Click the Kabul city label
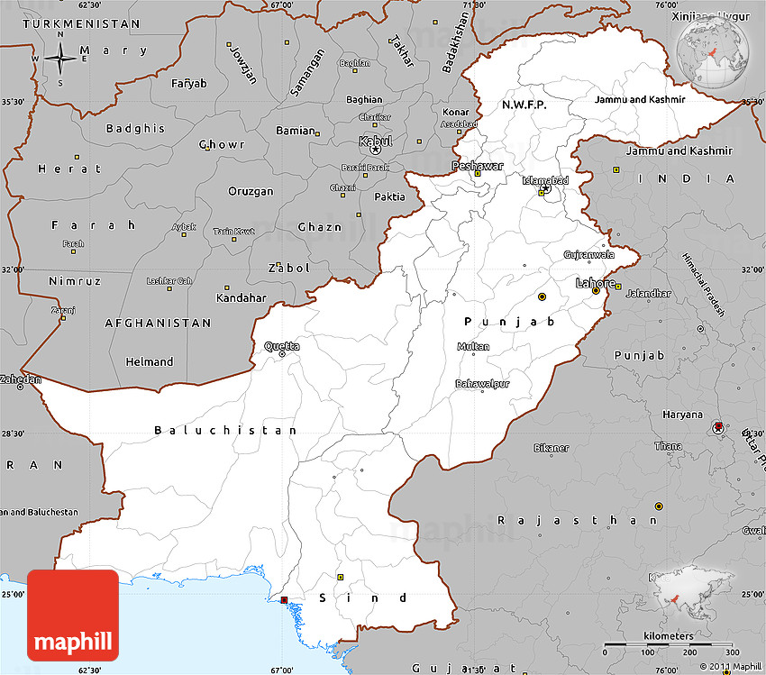coord(376,141)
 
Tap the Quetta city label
coord(282,346)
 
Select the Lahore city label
coord(596,283)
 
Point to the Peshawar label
coord(471,167)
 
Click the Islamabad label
coord(546,180)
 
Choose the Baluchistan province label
coord(225,431)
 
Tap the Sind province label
coord(364,597)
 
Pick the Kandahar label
coord(242,297)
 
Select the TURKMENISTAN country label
coord(82,23)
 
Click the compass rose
coord(60,59)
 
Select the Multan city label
coord(473,347)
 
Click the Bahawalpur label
coord(481,384)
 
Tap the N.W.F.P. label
coord(524,105)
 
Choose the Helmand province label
coord(150,362)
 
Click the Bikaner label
coord(551,448)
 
